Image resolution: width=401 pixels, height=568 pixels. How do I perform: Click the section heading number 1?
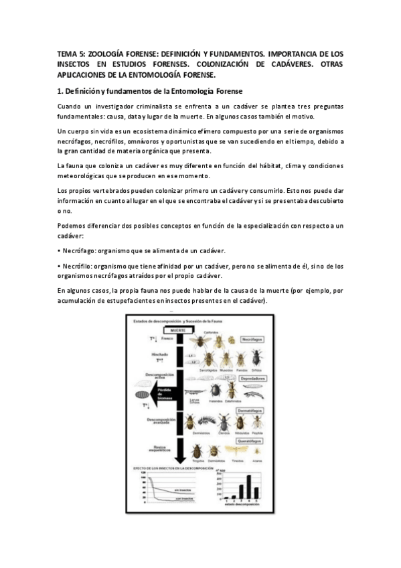click(x=60, y=90)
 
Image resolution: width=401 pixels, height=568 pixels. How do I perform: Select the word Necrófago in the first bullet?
click(x=78, y=251)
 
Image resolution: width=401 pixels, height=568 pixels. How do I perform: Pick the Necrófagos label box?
click(x=252, y=339)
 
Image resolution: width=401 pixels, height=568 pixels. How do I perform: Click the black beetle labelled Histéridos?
click(x=216, y=390)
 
